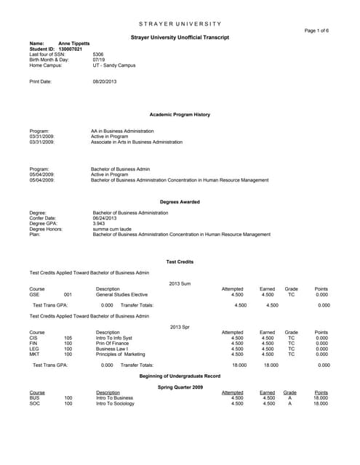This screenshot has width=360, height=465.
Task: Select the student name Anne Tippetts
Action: pos(74,44)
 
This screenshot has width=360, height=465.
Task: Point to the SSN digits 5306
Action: pos(98,54)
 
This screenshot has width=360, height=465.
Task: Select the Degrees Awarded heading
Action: pos(180,201)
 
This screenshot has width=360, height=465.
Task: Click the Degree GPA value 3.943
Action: pos(99,224)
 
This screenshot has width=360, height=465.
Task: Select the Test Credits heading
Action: pos(180,261)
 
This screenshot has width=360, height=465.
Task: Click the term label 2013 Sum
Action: pos(180,283)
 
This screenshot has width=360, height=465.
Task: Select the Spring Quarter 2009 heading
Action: pos(180,387)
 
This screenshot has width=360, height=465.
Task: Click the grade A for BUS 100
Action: pos(289,398)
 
